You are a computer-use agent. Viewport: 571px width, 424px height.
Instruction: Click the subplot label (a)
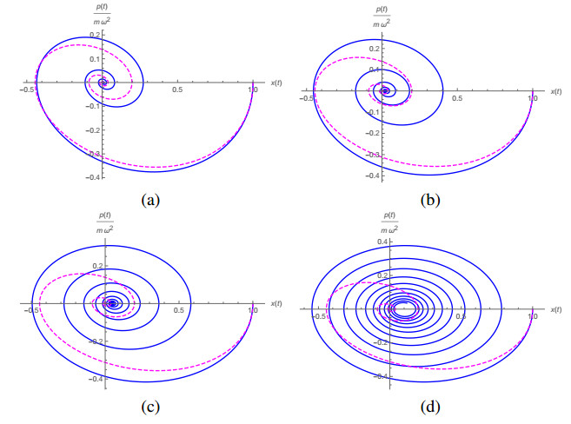point(151,200)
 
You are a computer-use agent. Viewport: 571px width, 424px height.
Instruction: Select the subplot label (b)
point(430,200)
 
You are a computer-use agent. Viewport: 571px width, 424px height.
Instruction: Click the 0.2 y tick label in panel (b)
point(373,41)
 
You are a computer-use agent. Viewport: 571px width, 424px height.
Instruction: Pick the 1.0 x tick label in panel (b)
point(532,98)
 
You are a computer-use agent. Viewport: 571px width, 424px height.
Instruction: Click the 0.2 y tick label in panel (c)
point(96,265)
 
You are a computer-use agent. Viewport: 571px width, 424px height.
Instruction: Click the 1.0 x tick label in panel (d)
point(532,318)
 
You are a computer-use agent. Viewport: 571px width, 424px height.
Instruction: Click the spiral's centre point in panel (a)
point(103,83)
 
